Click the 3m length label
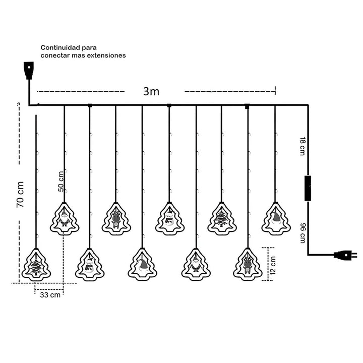click(x=151, y=91)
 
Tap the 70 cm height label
click(x=20, y=195)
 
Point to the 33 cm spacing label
click(x=50, y=295)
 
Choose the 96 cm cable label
click(x=301, y=233)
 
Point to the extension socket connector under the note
click(x=29, y=70)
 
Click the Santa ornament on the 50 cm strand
click(x=64, y=219)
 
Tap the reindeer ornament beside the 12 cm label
click(x=248, y=264)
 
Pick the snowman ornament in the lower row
click(x=90, y=265)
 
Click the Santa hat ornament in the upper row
click(x=276, y=218)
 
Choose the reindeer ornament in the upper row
click(x=116, y=219)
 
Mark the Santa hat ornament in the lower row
click(x=142, y=265)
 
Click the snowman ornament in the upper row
click(x=169, y=219)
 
